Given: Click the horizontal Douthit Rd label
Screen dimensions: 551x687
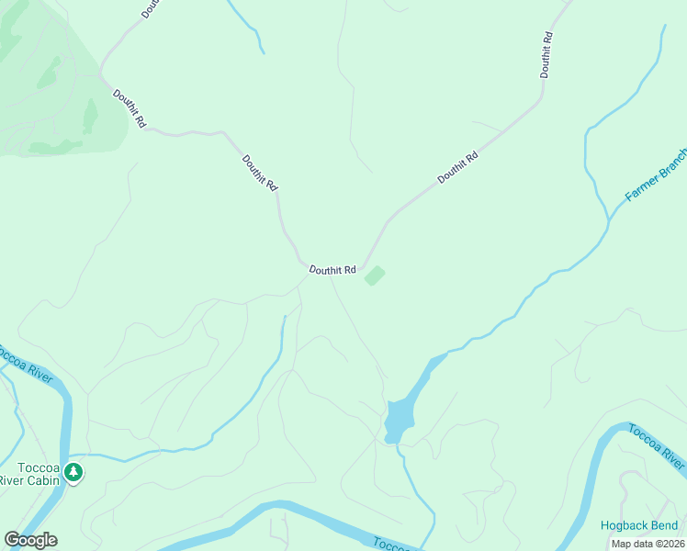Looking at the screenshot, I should (332, 270).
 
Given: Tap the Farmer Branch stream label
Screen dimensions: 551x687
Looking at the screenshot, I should (656, 174).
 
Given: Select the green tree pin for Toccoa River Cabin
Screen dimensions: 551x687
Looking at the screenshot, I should (73, 473).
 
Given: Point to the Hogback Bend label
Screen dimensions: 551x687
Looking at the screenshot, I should (639, 526).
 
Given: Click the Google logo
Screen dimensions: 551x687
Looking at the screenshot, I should (30, 540).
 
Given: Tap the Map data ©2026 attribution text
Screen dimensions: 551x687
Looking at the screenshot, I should (648, 544).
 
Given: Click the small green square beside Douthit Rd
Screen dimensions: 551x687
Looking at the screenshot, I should (375, 275).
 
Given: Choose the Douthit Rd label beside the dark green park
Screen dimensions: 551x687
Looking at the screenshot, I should (129, 108).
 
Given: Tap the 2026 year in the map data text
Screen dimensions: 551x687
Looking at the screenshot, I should (670, 544).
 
